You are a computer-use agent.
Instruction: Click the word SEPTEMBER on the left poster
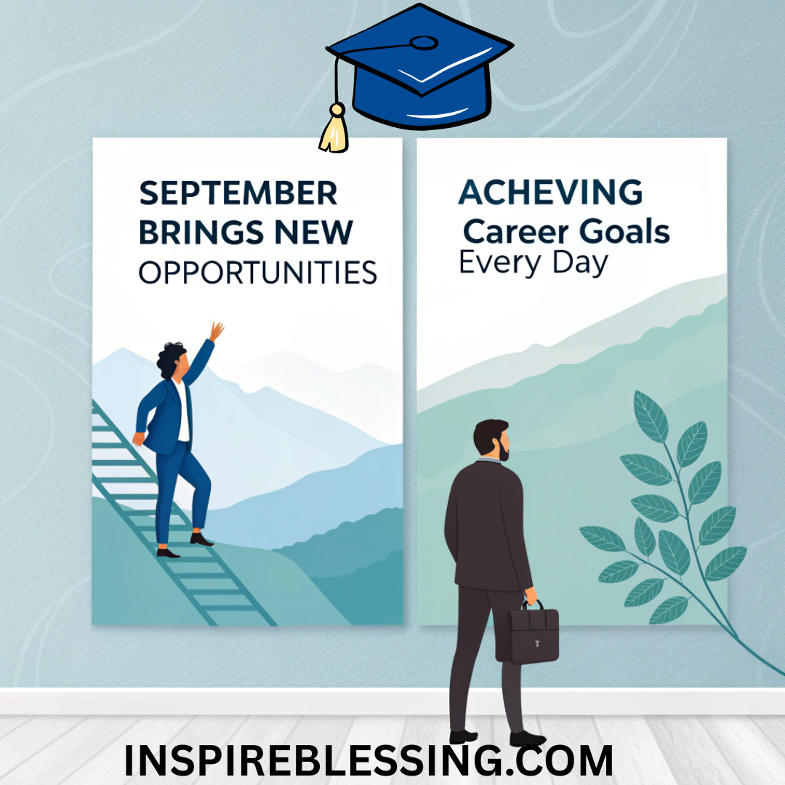238,194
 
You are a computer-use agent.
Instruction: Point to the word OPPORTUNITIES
257,273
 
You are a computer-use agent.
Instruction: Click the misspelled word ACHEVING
550,193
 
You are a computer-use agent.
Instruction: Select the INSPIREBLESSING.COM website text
369,760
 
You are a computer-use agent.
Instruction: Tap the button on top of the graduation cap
424,43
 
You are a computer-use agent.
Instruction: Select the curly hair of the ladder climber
171,358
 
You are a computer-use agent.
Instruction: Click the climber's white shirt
183,413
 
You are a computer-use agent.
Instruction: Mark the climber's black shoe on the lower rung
168,552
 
